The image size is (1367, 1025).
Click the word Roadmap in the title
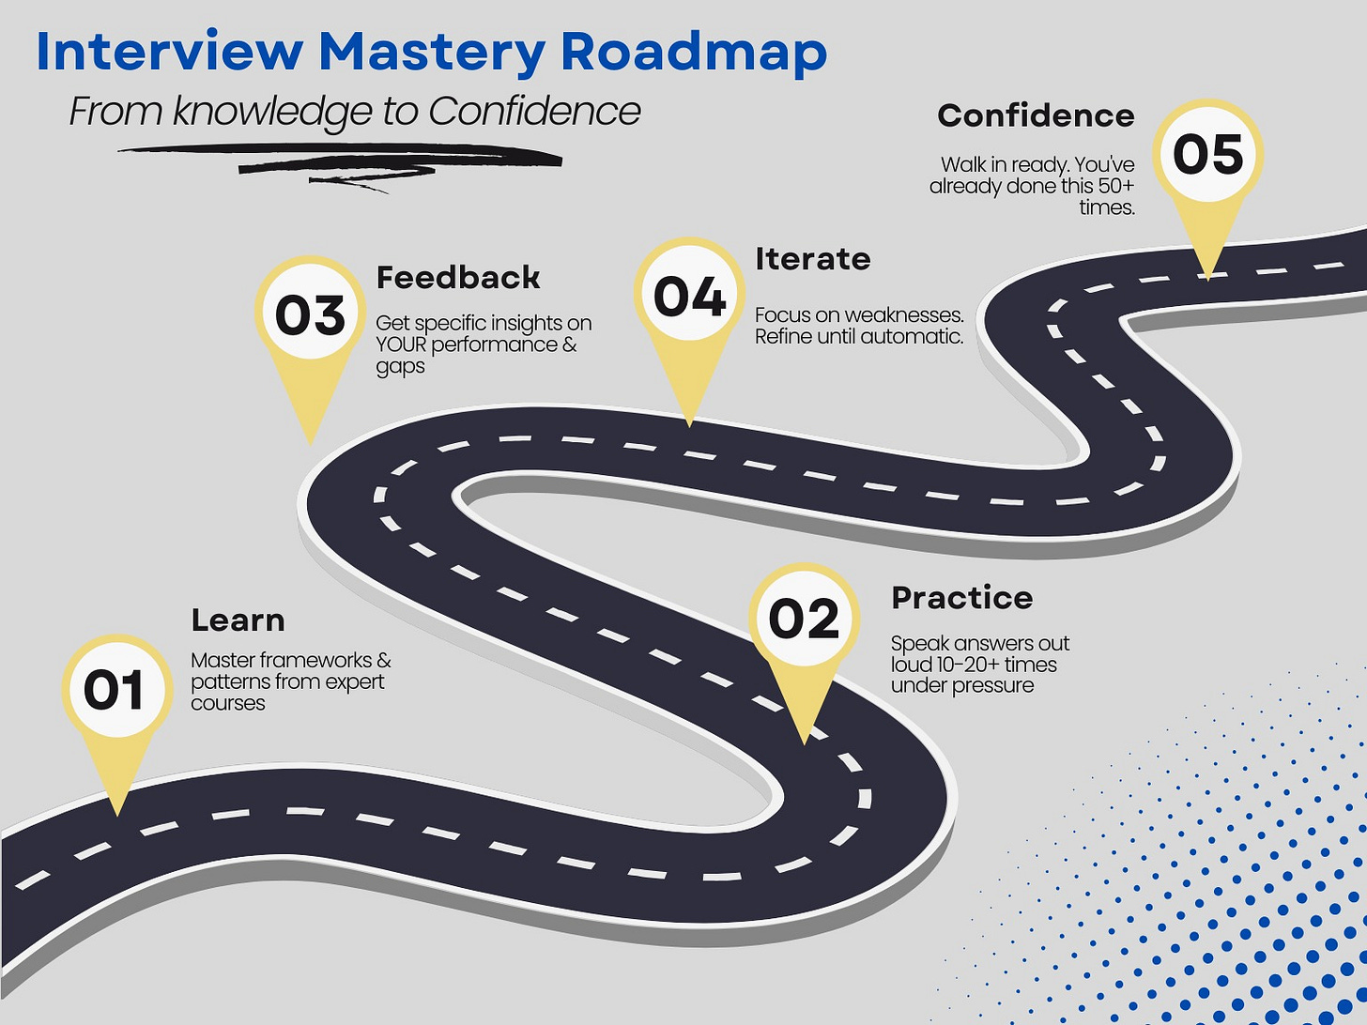tap(694, 53)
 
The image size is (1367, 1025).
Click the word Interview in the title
tap(169, 53)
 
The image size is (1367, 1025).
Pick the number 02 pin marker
tap(804, 620)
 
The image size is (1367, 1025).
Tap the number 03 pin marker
tap(310, 314)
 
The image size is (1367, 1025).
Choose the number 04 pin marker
tap(689, 297)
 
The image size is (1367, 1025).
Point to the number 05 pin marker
tap(1207, 155)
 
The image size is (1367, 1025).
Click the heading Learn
tap(238, 620)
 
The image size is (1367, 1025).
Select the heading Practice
tap(962, 598)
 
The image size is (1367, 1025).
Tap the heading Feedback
tap(458, 278)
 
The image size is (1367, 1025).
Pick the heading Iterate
tap(813, 259)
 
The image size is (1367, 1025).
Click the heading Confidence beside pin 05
tap(1036, 115)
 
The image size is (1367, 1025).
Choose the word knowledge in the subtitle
tap(273, 113)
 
